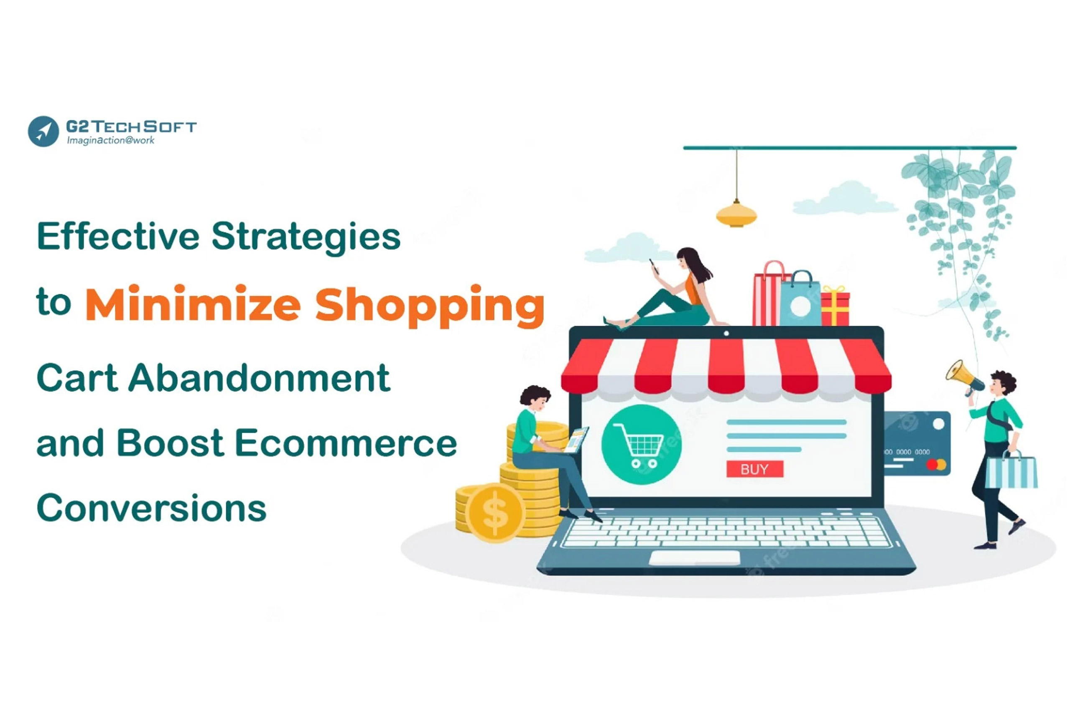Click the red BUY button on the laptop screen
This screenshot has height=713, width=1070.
[754, 469]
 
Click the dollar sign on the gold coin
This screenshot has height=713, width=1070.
[495, 513]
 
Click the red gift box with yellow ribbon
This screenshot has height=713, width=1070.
[835, 306]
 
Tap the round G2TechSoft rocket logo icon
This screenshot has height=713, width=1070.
[43, 131]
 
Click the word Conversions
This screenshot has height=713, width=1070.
[151, 507]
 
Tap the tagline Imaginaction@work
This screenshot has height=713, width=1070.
[110, 140]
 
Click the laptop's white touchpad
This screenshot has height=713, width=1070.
[694, 558]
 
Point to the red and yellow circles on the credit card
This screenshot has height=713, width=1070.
[936, 464]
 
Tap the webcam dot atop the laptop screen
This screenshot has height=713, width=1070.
[726, 334]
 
